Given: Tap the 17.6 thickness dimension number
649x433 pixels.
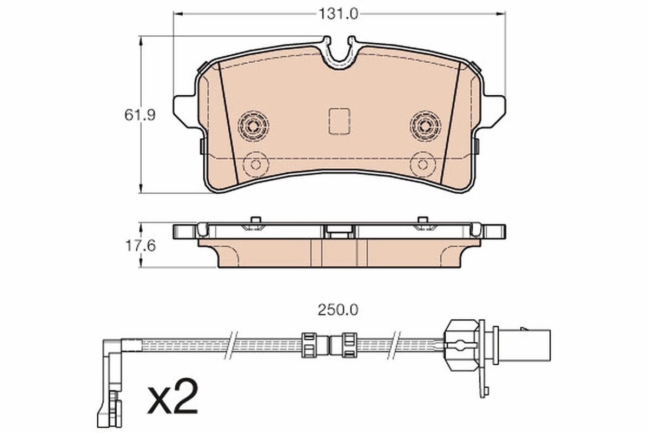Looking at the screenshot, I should point(140,246).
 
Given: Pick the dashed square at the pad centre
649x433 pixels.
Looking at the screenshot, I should point(339,121).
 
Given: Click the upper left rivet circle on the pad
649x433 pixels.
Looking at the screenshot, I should point(253,126).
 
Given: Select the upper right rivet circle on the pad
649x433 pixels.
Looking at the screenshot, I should point(425,126).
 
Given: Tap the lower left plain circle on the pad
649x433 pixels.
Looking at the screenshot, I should point(256,164).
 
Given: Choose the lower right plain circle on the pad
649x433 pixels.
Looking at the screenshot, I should point(422,164).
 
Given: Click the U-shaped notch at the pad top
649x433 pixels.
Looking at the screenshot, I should point(339,54).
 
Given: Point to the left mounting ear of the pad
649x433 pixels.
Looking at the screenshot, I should point(184,110).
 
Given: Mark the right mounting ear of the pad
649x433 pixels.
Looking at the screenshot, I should point(494,110).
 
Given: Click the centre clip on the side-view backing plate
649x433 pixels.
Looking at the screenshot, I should point(339,231).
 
